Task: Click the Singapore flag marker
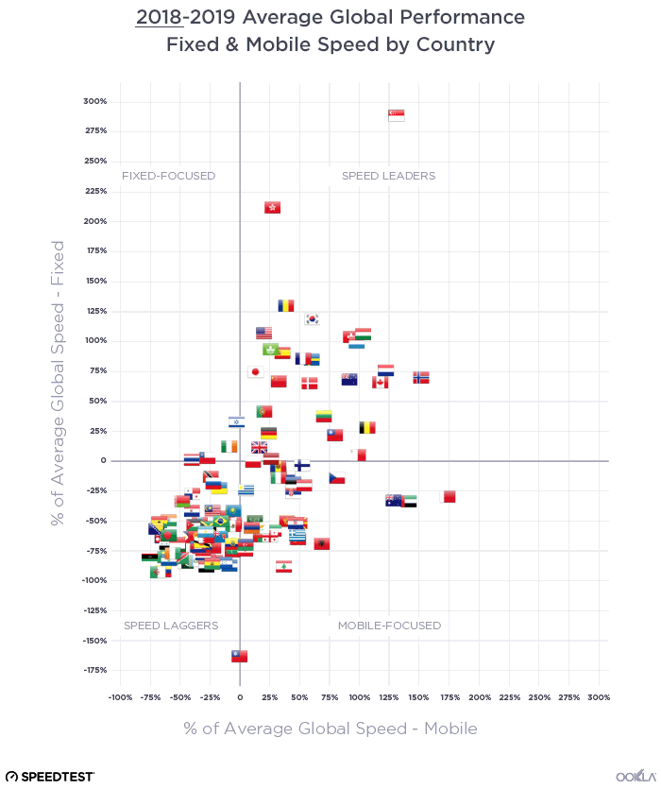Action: coord(397,115)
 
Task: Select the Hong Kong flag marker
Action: coord(272,208)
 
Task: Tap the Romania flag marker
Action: coord(286,305)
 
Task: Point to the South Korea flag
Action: coord(313,319)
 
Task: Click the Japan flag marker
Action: coord(255,372)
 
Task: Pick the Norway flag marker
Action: coord(421,377)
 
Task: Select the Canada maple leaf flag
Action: coord(381,382)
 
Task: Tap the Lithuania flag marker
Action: coord(324,416)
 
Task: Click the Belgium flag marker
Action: coord(367,427)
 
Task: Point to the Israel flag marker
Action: coord(237,422)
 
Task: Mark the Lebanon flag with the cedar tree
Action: coord(283,566)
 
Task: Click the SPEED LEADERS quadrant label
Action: coord(388,176)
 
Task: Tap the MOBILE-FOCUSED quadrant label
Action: coord(389,626)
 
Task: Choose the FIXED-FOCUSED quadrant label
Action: coord(169,176)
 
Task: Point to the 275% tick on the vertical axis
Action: coord(95,131)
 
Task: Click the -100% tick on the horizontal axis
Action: coord(120,697)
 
